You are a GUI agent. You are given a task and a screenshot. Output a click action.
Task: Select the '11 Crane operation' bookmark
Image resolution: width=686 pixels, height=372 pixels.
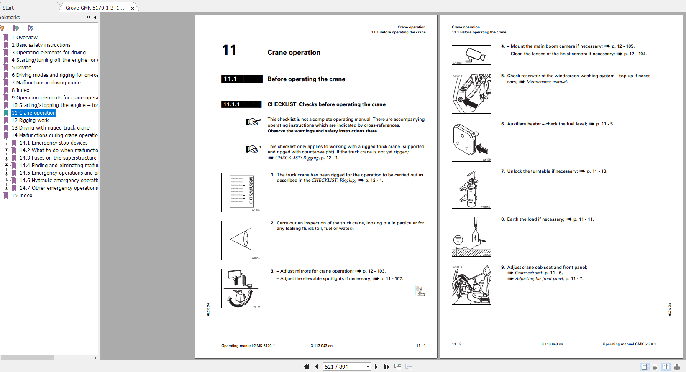coord(33,113)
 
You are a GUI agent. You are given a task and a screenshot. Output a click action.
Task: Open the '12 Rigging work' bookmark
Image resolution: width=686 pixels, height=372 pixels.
coord(30,120)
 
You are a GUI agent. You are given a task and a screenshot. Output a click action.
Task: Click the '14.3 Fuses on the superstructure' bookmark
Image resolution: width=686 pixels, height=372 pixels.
coord(58,158)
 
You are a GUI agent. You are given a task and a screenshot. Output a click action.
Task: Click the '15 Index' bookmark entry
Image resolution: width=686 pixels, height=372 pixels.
coord(22,196)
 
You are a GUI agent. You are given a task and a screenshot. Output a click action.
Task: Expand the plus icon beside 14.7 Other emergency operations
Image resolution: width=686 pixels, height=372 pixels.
coord(6,188)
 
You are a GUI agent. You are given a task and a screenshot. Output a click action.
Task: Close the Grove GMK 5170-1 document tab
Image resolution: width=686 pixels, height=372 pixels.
coord(133,8)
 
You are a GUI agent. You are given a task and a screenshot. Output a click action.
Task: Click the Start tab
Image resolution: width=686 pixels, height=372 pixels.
coord(8,8)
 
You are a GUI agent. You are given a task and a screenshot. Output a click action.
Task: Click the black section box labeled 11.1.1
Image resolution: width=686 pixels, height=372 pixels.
coord(241,104)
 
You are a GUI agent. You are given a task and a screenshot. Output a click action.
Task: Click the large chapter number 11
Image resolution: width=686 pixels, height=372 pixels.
coord(229,50)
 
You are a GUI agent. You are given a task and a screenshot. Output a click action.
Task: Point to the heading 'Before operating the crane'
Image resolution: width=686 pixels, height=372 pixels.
coord(306,79)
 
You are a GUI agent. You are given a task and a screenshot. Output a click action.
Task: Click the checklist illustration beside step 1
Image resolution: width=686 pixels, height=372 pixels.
coord(241,192)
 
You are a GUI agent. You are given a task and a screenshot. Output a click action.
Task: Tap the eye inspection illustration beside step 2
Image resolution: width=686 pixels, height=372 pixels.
coord(241,240)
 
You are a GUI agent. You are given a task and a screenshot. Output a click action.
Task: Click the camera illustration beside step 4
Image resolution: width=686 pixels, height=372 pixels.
coord(471,55)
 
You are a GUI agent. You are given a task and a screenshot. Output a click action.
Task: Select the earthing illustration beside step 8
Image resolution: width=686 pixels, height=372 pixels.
coord(471,237)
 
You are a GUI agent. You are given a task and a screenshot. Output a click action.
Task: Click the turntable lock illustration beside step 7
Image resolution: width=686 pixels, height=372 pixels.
coord(471,189)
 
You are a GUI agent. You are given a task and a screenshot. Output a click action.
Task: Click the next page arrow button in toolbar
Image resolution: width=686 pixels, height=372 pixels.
coord(376,367)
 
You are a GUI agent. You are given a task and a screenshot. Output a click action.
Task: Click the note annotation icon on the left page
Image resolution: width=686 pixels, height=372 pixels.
coord(420,290)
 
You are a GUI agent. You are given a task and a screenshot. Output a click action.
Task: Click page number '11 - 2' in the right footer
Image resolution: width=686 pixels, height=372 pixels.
coord(456,344)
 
